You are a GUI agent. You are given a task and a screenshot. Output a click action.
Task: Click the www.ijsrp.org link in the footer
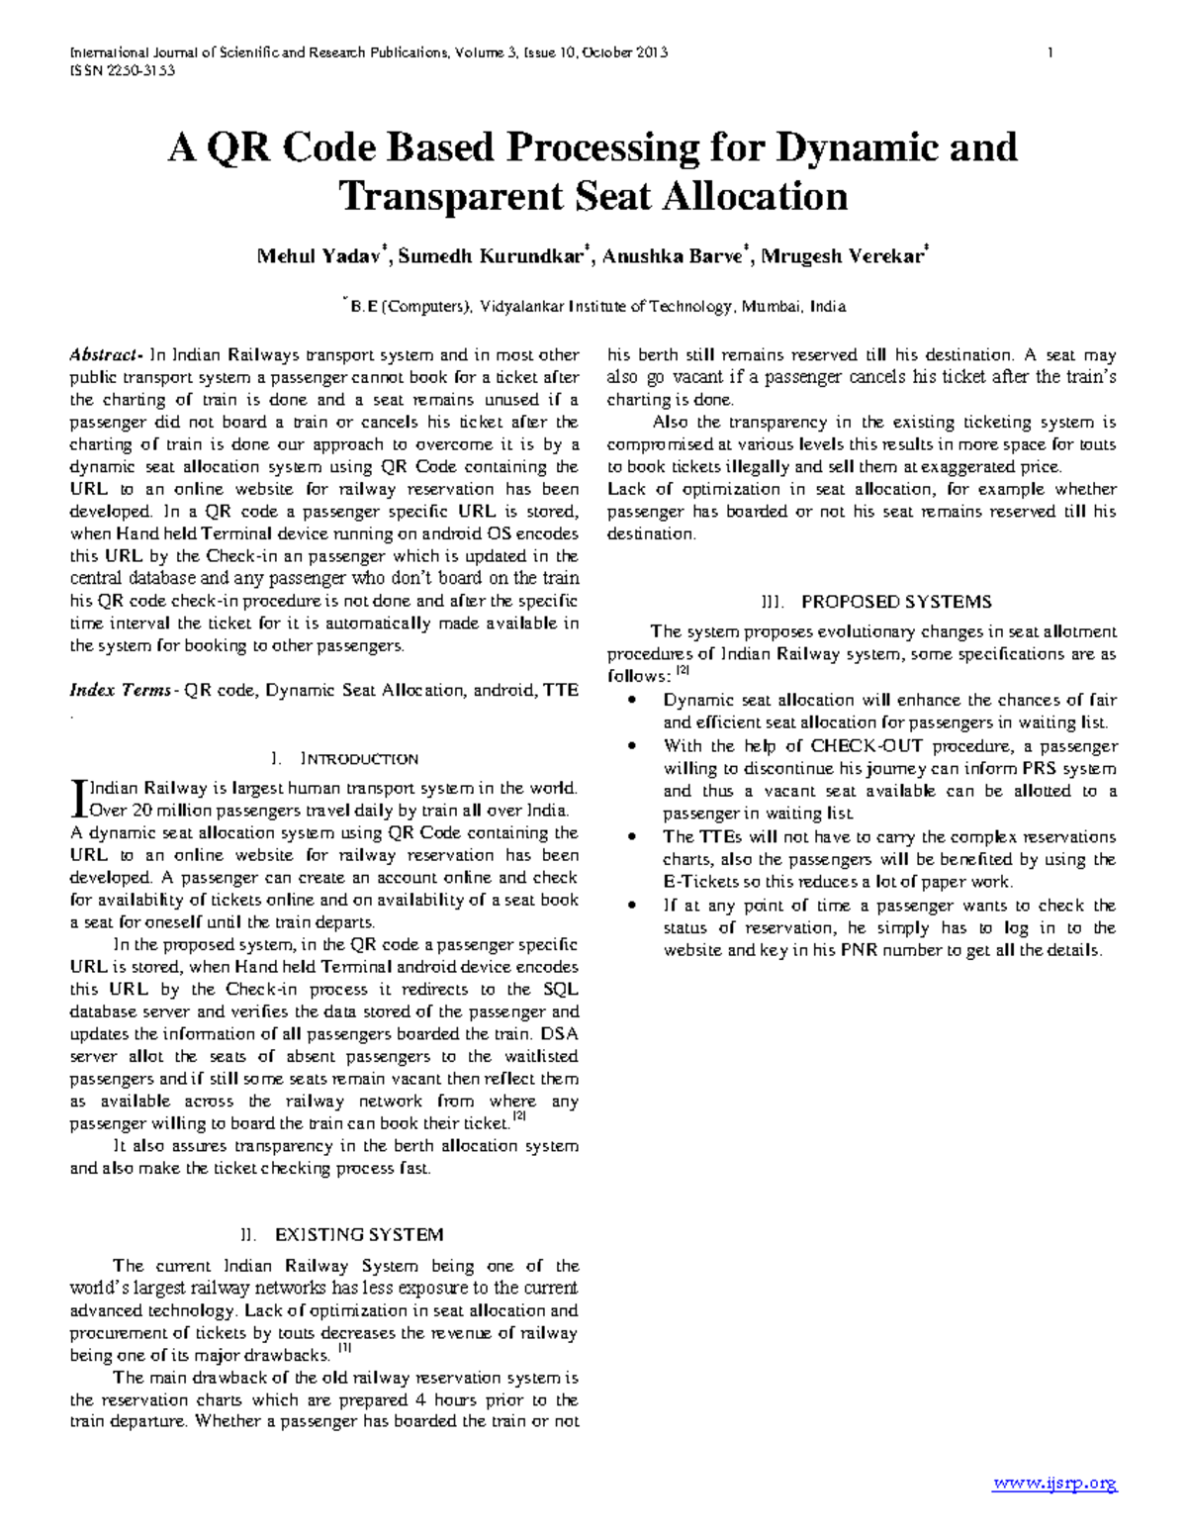1054,1483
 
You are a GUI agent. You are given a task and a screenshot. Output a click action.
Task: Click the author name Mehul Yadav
319,257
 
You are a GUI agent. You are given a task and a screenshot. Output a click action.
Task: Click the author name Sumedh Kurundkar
489,257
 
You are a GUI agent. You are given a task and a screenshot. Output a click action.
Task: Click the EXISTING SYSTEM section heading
358,1235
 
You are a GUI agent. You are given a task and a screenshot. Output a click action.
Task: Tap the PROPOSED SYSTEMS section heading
895,602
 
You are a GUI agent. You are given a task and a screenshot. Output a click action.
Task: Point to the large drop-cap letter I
78,800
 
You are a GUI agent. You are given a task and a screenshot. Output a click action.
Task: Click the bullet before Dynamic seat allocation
633,701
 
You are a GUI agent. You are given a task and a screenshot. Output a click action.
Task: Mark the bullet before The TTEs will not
633,837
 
